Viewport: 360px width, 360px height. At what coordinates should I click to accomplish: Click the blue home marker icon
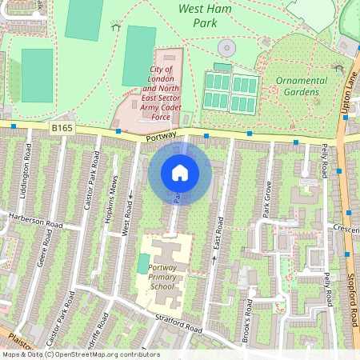[x=180, y=172]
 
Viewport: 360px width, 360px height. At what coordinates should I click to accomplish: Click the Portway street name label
[x=162, y=137]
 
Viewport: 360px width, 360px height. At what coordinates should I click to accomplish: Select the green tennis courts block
[x=230, y=92]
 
